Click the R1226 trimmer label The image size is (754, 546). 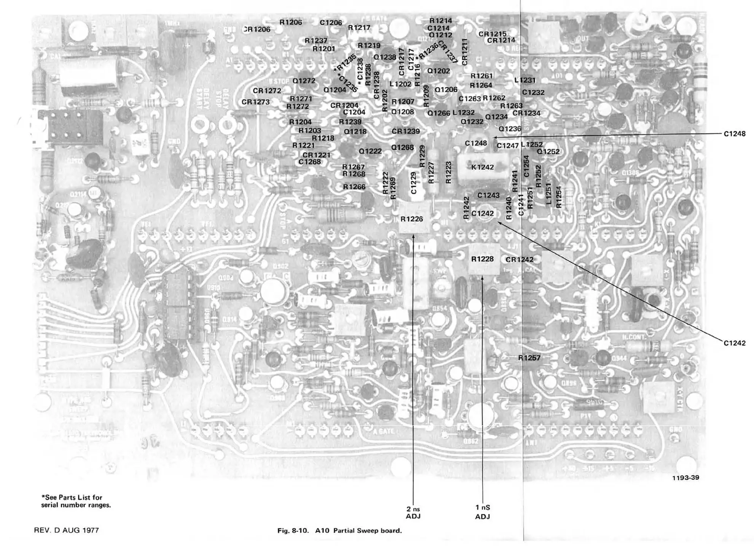[x=411, y=219]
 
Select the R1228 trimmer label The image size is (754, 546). [x=482, y=259]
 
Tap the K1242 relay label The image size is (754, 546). [x=482, y=167]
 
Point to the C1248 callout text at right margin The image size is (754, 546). [x=734, y=134]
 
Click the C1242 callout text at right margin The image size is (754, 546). [x=734, y=343]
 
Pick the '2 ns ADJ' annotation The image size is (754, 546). [x=413, y=513]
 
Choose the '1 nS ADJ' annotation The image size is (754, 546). [x=483, y=512]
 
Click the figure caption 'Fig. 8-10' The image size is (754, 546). [x=339, y=531]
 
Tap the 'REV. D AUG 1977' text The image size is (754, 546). [x=66, y=530]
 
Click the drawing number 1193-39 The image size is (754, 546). [x=685, y=478]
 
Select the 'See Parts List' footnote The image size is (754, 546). [x=76, y=501]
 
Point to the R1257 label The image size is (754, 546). [x=529, y=358]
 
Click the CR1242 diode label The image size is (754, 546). [x=519, y=260]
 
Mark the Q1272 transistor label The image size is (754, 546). [x=304, y=81]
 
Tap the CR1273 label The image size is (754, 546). [x=255, y=102]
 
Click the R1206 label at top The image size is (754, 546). [x=290, y=22]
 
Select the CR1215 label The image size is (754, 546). [x=493, y=33]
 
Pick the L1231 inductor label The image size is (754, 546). [x=524, y=80]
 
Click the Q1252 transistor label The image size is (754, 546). [x=548, y=151]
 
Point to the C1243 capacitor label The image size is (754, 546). [x=488, y=195]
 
